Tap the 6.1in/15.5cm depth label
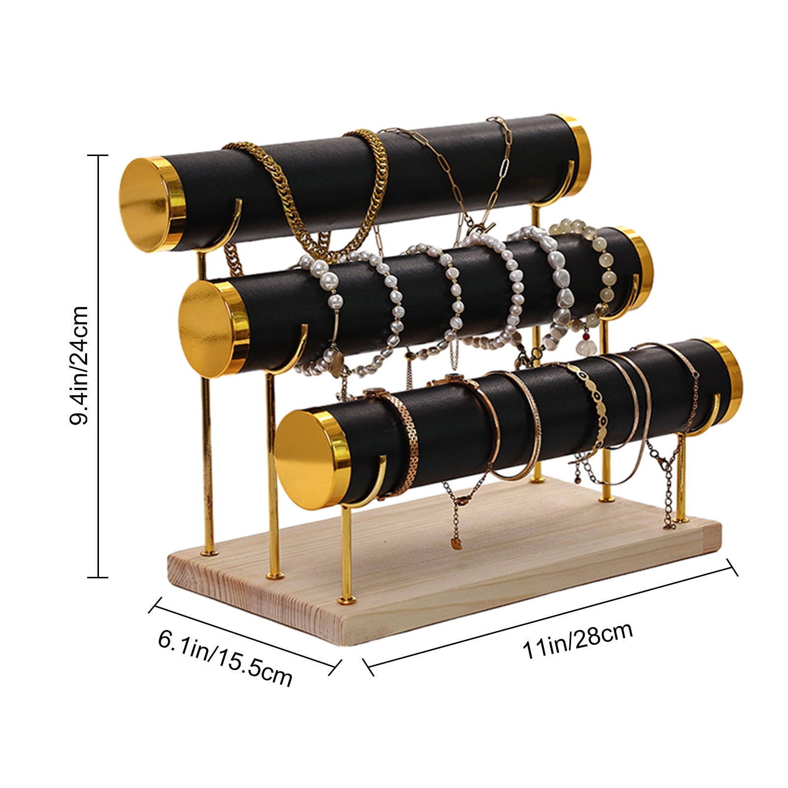pos(225,658)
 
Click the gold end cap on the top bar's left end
pos(153,205)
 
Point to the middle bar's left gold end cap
pos(213,327)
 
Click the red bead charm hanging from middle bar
pos(586,337)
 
